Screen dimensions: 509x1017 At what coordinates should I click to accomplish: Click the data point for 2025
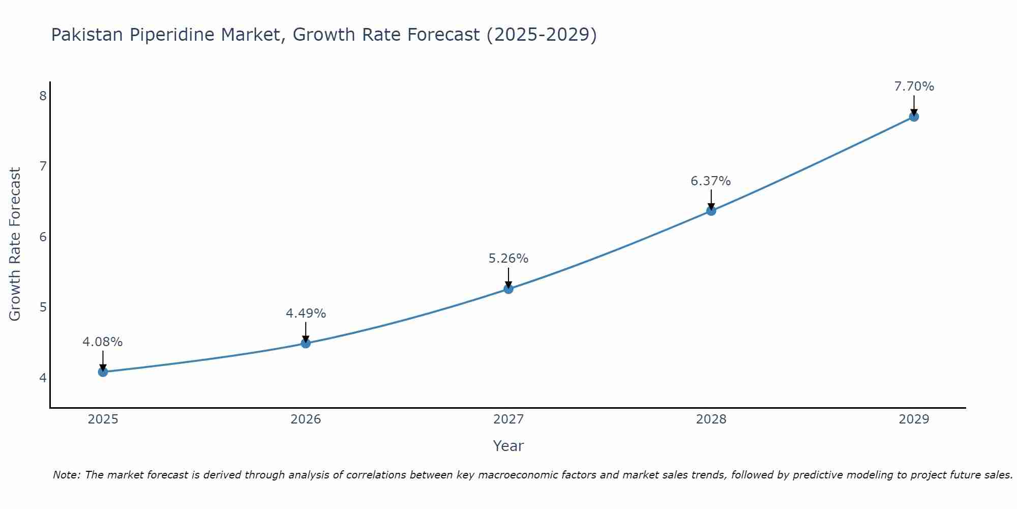click(x=103, y=372)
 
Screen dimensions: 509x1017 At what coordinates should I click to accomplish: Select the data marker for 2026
click(x=306, y=343)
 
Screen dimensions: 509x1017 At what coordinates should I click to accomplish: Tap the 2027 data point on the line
click(x=508, y=289)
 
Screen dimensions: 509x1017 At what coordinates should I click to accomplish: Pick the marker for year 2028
click(x=711, y=211)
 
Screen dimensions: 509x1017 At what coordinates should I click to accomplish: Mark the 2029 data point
click(x=914, y=117)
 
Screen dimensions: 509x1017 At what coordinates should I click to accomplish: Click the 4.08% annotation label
click(x=103, y=342)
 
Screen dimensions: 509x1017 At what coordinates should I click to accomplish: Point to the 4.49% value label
click(x=306, y=314)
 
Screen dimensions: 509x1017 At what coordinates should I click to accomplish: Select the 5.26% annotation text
click(x=508, y=259)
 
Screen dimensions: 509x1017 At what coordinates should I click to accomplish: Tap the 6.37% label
click(x=711, y=181)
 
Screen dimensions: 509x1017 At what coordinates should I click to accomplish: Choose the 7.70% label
click(x=914, y=87)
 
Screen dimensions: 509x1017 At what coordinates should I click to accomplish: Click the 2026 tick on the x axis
click(x=306, y=419)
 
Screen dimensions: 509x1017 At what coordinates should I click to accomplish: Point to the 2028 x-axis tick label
click(x=711, y=419)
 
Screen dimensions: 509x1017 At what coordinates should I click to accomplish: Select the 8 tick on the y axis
click(x=43, y=96)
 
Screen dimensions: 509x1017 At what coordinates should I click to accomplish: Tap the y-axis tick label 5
click(x=43, y=307)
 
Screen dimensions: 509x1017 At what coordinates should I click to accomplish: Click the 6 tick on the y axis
click(x=43, y=237)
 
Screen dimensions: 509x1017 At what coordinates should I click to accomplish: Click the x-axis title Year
click(x=508, y=446)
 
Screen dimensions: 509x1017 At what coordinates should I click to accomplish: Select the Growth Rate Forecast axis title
click(x=15, y=244)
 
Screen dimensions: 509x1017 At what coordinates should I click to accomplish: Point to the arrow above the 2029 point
click(x=914, y=105)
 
